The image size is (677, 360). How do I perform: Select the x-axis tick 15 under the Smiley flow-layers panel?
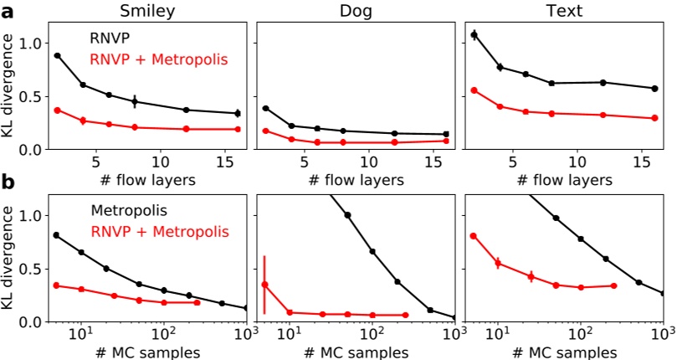(x=226, y=162)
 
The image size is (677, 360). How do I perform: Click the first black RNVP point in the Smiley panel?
(x=57, y=55)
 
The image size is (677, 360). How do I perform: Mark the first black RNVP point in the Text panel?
(x=474, y=35)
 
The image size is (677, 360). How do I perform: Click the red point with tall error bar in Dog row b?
(x=264, y=285)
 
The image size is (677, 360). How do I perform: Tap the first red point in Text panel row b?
(x=474, y=236)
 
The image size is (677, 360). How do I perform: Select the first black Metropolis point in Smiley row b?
(x=56, y=235)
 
